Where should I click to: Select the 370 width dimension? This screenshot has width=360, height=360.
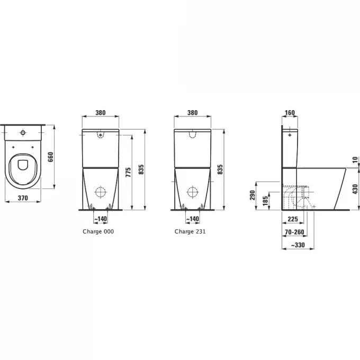(23, 197)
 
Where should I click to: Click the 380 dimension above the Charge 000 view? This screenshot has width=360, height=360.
(101, 113)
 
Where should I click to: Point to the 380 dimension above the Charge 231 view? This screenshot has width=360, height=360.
(192, 113)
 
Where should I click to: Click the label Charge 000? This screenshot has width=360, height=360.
(98, 231)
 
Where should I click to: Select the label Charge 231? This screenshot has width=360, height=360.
(190, 231)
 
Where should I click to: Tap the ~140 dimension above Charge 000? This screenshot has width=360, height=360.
(101, 218)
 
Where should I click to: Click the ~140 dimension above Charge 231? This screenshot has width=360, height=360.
(193, 218)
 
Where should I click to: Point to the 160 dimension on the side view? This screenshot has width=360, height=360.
(290, 113)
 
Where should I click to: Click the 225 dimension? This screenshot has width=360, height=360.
(292, 218)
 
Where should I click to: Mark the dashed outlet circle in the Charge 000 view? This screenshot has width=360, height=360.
(101, 192)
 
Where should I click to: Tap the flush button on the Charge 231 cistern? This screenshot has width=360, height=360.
(193, 136)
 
